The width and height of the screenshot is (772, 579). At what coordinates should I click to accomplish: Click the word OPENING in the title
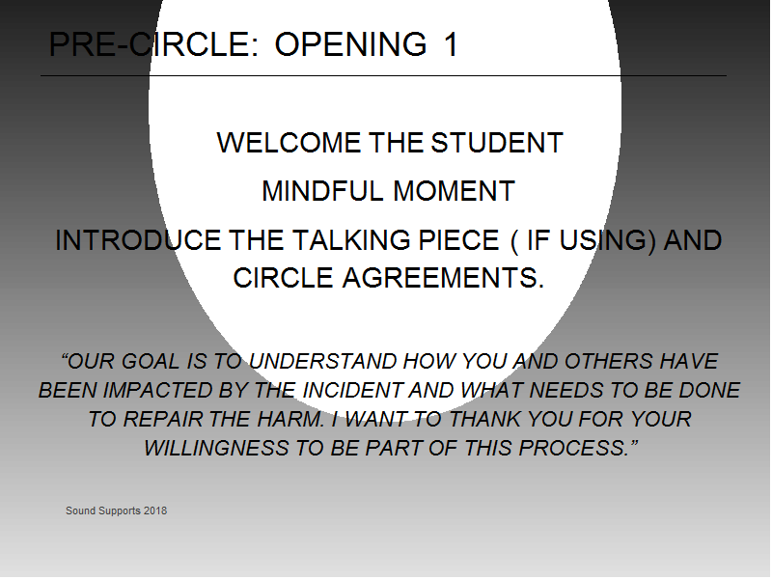point(350,44)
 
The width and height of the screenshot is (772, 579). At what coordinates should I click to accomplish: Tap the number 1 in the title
point(451,44)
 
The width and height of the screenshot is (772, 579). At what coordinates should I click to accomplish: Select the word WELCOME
point(289,143)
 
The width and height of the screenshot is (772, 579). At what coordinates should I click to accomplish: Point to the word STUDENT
point(497,143)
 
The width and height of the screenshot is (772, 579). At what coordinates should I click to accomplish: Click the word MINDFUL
point(322,191)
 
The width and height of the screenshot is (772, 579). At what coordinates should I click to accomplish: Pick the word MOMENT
point(454,191)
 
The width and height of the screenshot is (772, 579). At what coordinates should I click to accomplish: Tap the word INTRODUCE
point(138,240)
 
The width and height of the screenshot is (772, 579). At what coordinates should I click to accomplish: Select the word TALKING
point(351,240)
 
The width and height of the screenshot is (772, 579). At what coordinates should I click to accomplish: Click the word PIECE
point(459,240)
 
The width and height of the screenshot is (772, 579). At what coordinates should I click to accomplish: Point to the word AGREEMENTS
point(443,278)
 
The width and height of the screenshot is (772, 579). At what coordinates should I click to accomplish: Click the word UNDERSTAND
point(323,361)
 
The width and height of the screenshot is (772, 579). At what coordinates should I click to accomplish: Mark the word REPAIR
point(163,420)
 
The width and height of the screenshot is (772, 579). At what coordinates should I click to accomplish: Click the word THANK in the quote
point(484,420)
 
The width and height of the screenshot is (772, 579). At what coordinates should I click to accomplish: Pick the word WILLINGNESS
point(216,449)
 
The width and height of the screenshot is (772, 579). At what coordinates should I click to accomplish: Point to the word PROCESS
point(574,449)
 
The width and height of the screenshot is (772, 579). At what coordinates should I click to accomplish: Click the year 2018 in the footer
point(155,511)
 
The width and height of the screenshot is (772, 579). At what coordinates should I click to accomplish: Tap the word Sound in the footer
point(81,511)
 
